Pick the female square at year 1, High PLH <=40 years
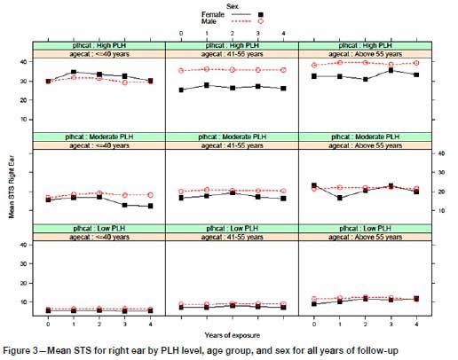click(74, 73)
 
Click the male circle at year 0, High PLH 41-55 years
click(181, 70)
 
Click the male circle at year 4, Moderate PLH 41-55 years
click(283, 191)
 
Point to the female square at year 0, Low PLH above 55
click(315, 304)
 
